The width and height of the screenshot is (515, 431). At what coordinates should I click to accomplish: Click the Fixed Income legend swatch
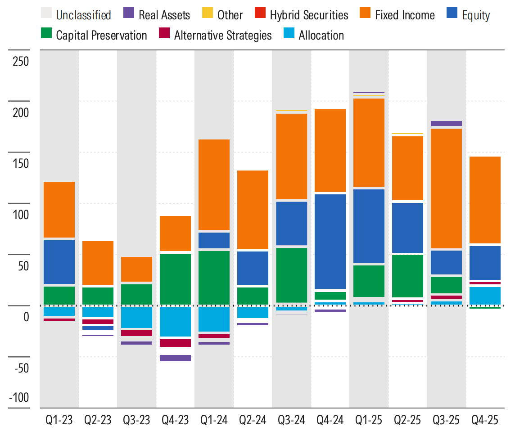coord(364,15)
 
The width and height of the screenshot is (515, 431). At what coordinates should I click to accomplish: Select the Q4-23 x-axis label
coord(175,420)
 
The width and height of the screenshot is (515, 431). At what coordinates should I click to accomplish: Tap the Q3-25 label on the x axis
coord(446,420)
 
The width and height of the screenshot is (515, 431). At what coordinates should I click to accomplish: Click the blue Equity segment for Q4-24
coord(330,242)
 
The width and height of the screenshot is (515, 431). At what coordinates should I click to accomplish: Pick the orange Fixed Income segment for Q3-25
coord(446,188)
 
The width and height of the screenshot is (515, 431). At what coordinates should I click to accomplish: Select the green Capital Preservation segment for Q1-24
coord(214,278)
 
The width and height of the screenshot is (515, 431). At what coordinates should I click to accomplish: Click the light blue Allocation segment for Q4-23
coord(175,321)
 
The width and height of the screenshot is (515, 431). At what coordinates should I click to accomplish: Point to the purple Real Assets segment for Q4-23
coord(175,358)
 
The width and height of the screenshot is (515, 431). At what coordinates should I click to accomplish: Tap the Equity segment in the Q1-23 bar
coord(59,261)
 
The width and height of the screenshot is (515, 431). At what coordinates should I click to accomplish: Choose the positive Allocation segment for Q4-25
coord(485,296)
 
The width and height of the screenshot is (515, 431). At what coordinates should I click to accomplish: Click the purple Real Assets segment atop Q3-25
coord(446,123)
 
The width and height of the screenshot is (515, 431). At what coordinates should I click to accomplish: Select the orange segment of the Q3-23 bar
coord(136,269)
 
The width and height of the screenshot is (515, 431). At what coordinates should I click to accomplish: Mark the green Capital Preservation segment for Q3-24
coord(291,275)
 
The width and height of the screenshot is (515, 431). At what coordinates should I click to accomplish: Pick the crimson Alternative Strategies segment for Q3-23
coord(136,333)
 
